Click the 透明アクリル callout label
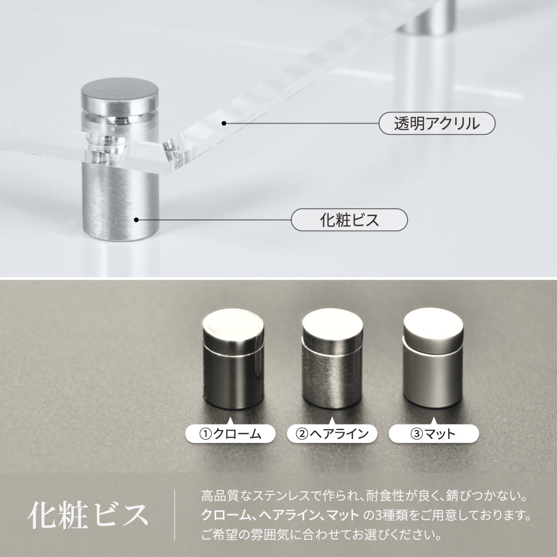437,123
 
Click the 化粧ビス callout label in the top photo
349,220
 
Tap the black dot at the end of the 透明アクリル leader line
224,123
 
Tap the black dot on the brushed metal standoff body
136,220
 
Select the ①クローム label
230,434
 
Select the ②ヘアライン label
332,434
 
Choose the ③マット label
434,434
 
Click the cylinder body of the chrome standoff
233,379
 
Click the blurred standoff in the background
426,53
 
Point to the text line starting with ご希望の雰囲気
321,534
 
